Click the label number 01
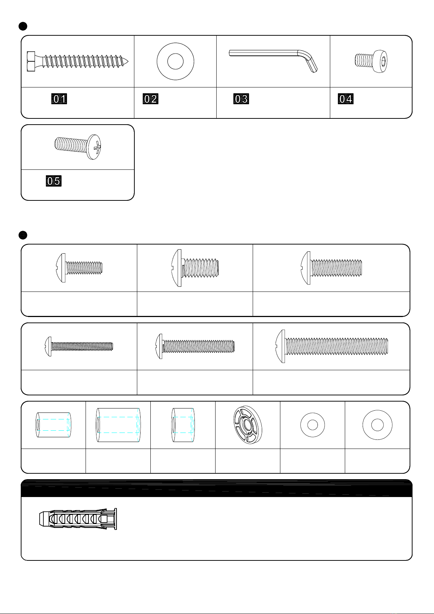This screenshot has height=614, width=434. (x=59, y=99)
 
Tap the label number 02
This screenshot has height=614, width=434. (x=150, y=99)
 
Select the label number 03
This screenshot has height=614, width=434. (x=241, y=99)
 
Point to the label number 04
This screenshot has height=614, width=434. (x=346, y=99)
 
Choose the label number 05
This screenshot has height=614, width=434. (x=54, y=181)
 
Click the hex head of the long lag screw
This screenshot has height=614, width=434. (x=31, y=61)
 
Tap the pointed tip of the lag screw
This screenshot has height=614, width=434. (x=127, y=61)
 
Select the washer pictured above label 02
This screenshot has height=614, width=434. (x=175, y=61)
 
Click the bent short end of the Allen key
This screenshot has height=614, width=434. (x=312, y=64)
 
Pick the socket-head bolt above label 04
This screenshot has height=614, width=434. (x=371, y=61)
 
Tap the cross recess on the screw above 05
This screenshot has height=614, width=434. (x=97, y=148)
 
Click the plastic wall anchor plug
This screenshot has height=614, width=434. (x=78, y=519)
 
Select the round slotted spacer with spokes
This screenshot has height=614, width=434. (x=248, y=425)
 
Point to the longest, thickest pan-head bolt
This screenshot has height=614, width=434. (x=332, y=346)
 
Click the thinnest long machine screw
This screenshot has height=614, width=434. (x=79, y=347)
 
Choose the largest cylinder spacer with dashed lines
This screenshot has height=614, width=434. (x=118, y=425)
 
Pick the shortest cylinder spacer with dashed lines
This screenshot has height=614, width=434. (x=183, y=425)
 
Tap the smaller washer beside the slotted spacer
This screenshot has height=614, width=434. (x=312, y=425)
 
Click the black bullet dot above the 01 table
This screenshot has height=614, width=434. (x=23, y=26)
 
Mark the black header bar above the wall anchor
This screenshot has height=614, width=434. (x=217, y=488)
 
